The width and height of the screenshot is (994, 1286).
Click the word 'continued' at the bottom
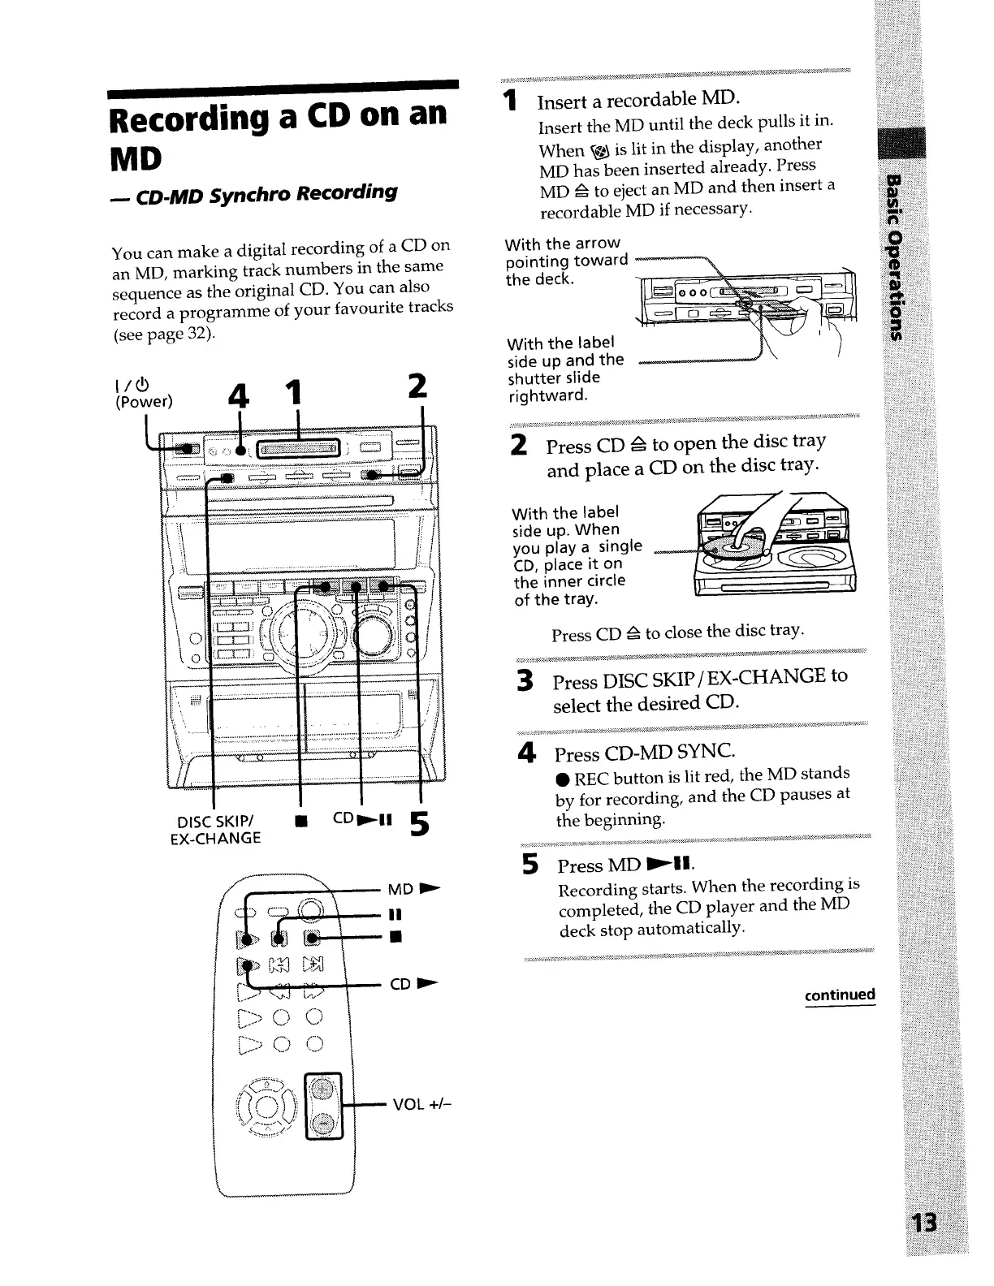pos(840,995)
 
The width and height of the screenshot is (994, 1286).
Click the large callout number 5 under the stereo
pos(418,825)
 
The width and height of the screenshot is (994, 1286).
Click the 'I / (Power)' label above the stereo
pos(145,392)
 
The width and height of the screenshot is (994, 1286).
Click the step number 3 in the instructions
pos(525,680)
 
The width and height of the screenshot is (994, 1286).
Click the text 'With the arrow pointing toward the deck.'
pos(565,261)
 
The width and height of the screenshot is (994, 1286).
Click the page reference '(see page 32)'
pos(163,333)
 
